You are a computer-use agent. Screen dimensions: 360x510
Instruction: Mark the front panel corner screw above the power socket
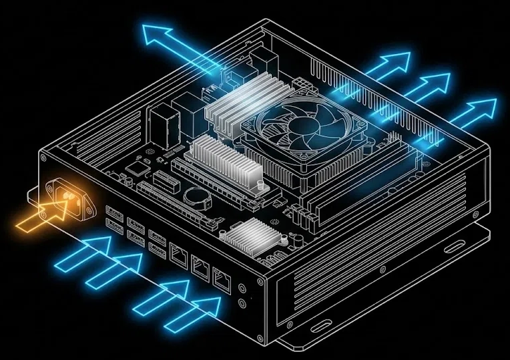click(x=44, y=159)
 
